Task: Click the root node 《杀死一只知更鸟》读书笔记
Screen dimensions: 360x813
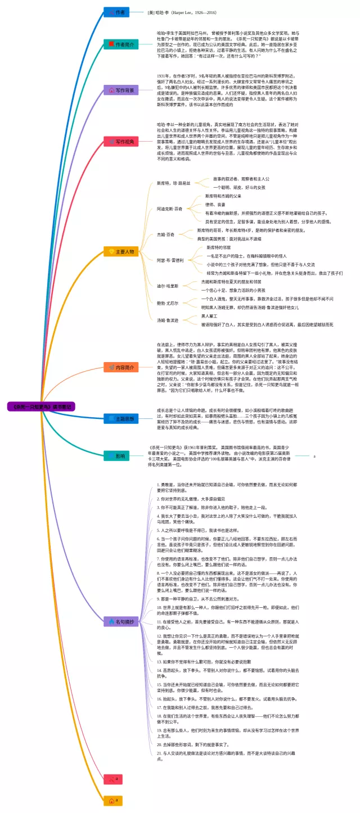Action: point(41,405)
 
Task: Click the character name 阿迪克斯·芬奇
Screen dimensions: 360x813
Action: point(169,209)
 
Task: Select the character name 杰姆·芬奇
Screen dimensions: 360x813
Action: point(165,234)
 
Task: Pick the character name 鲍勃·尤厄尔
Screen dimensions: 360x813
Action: point(168,303)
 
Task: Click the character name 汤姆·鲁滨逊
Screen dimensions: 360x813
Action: point(168,320)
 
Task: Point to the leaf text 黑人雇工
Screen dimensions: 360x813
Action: point(211,316)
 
